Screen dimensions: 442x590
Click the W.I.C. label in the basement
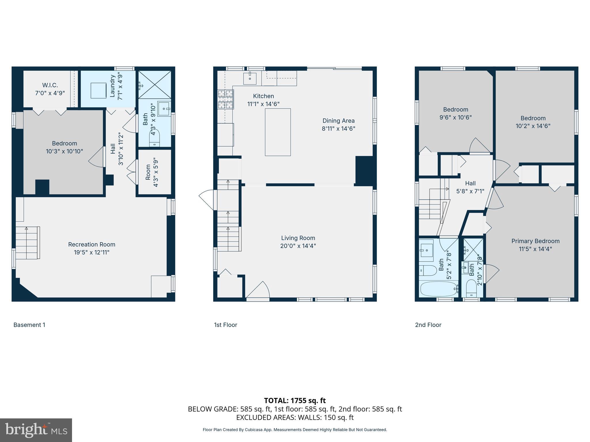50,85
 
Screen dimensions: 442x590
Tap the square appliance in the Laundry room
98,90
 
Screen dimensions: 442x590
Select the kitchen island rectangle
278,132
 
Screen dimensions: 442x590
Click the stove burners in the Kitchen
225,99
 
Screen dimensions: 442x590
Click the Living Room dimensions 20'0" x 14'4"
298,246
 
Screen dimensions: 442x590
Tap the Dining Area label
338,121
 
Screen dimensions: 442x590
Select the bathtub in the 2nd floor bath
438,289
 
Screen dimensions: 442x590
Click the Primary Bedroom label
535,241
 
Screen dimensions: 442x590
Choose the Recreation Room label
92,244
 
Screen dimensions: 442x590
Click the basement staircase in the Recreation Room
27,243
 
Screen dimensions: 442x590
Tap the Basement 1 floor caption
29,325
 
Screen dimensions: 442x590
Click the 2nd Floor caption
428,325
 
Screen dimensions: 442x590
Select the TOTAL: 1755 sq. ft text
295,400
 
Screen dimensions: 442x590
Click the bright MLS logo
36,430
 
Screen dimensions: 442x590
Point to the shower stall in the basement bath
155,85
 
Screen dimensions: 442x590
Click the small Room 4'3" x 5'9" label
152,172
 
